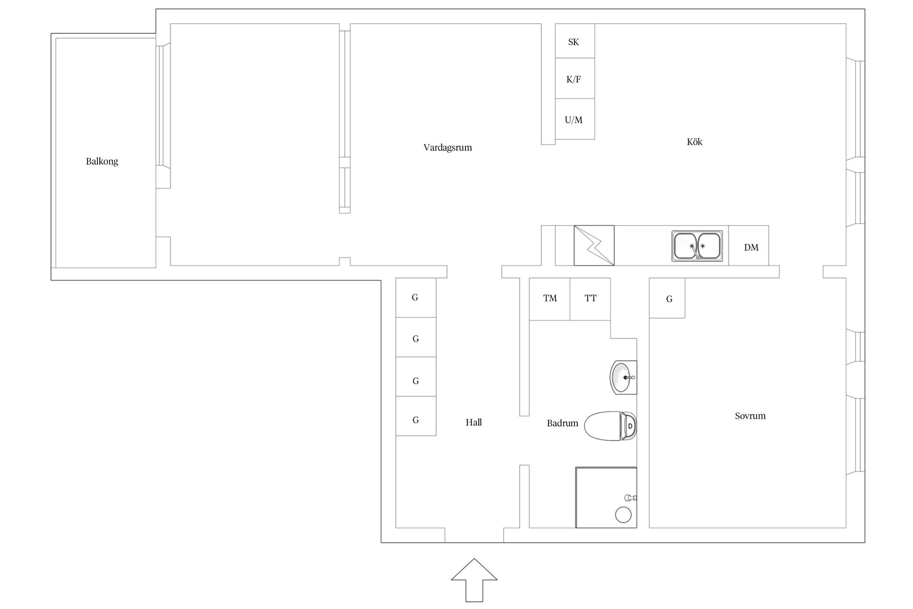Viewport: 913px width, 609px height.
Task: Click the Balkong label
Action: click(102, 161)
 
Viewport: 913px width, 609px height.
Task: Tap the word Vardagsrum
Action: click(447, 147)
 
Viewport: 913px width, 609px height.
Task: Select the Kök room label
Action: click(694, 142)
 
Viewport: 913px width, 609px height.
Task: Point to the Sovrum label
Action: click(750, 416)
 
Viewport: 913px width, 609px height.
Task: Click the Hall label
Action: click(474, 422)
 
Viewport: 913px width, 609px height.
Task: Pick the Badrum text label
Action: click(563, 423)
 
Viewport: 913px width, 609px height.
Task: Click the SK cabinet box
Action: click(575, 41)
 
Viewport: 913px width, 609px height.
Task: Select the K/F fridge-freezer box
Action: click(575, 79)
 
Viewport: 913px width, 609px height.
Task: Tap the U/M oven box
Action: click(575, 119)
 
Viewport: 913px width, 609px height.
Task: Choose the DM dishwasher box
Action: click(748, 246)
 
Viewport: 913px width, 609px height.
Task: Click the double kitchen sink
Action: click(697, 246)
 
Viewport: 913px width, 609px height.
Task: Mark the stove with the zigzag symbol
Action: click(594, 246)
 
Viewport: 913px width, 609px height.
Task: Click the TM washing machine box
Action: click(550, 299)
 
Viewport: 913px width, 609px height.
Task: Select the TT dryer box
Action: click(590, 299)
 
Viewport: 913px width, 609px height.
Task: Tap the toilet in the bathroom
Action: click(611, 426)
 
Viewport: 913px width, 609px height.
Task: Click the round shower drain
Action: click(623, 515)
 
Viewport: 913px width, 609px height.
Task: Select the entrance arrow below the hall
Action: click(474, 580)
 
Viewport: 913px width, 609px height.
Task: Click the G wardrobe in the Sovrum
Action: click(667, 298)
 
